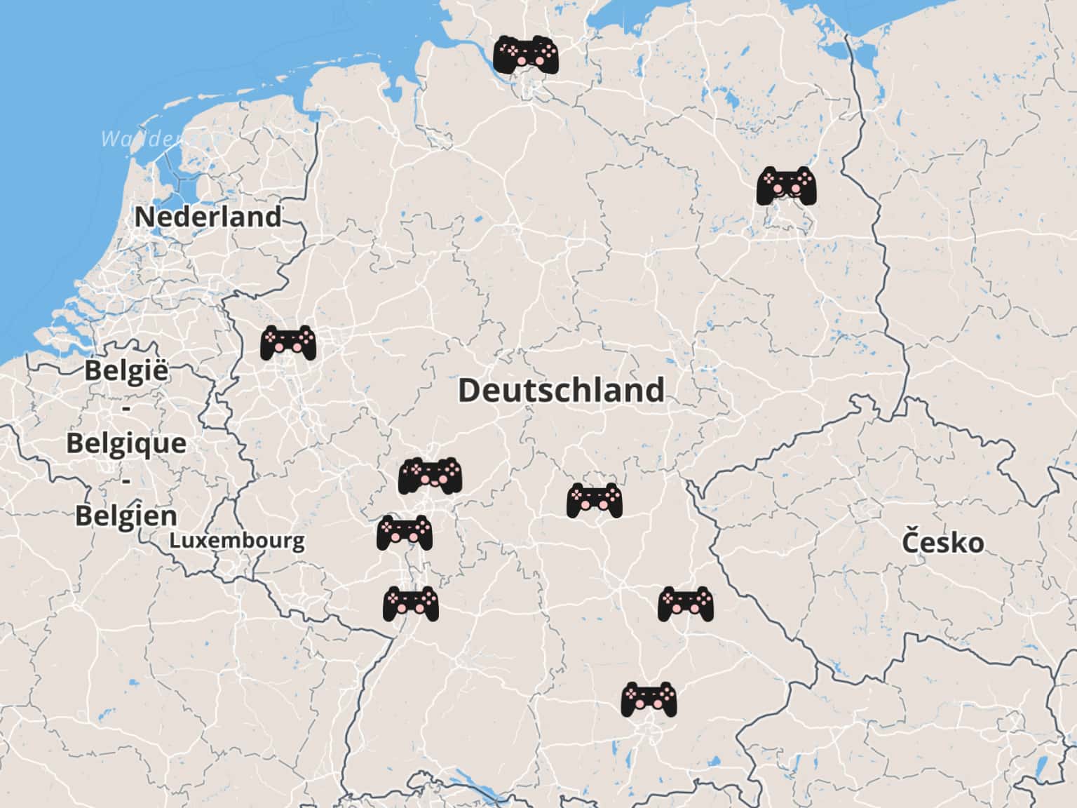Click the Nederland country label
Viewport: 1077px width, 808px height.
[208, 217]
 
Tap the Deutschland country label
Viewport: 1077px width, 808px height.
[561, 390]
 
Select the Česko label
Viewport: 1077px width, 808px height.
[942, 542]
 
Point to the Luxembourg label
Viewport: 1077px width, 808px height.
[237, 541]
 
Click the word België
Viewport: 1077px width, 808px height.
[127, 370]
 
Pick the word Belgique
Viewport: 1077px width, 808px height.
[127, 443]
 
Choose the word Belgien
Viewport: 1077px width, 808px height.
[127, 516]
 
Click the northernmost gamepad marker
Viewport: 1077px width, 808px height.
[526, 55]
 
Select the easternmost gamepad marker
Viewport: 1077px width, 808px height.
[787, 185]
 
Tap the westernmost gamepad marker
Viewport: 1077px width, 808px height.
[287, 343]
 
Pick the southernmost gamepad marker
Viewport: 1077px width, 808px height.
[649, 699]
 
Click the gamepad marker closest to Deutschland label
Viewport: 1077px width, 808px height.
[595, 500]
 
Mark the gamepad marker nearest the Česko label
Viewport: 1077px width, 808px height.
[685, 604]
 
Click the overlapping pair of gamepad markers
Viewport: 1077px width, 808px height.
[431, 476]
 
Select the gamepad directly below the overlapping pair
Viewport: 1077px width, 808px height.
[405, 533]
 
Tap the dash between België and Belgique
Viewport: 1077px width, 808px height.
[127, 408]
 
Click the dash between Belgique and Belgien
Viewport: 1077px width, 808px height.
[127, 480]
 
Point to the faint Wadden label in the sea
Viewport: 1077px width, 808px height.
[140, 139]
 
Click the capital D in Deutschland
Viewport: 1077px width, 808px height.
[469, 390]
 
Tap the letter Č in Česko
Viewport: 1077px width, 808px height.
[911, 541]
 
